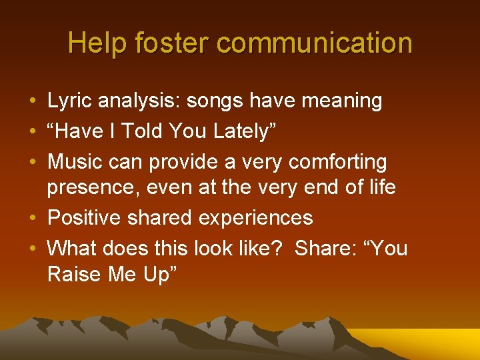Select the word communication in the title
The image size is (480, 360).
click(315, 44)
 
